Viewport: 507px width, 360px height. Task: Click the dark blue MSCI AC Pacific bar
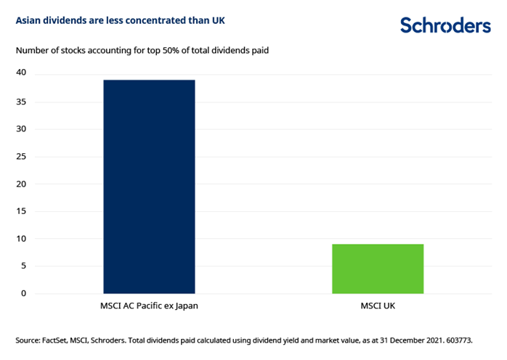(x=149, y=187)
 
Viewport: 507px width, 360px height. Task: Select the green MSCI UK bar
(x=377, y=269)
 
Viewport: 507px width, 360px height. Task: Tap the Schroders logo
(x=445, y=25)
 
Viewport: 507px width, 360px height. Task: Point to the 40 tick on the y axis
(x=22, y=73)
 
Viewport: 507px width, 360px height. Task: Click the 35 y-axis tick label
(x=22, y=102)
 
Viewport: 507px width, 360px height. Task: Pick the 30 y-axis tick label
(x=22, y=129)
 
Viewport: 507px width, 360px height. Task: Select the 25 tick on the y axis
(x=22, y=157)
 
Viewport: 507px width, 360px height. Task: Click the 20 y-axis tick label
(x=22, y=184)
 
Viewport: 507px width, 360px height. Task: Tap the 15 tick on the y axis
(x=22, y=211)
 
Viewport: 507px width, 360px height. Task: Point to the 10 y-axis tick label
(x=22, y=239)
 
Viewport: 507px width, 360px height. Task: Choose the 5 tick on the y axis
(x=24, y=266)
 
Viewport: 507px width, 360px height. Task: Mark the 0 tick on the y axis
(x=24, y=294)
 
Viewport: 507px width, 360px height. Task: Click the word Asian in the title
(x=28, y=20)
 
